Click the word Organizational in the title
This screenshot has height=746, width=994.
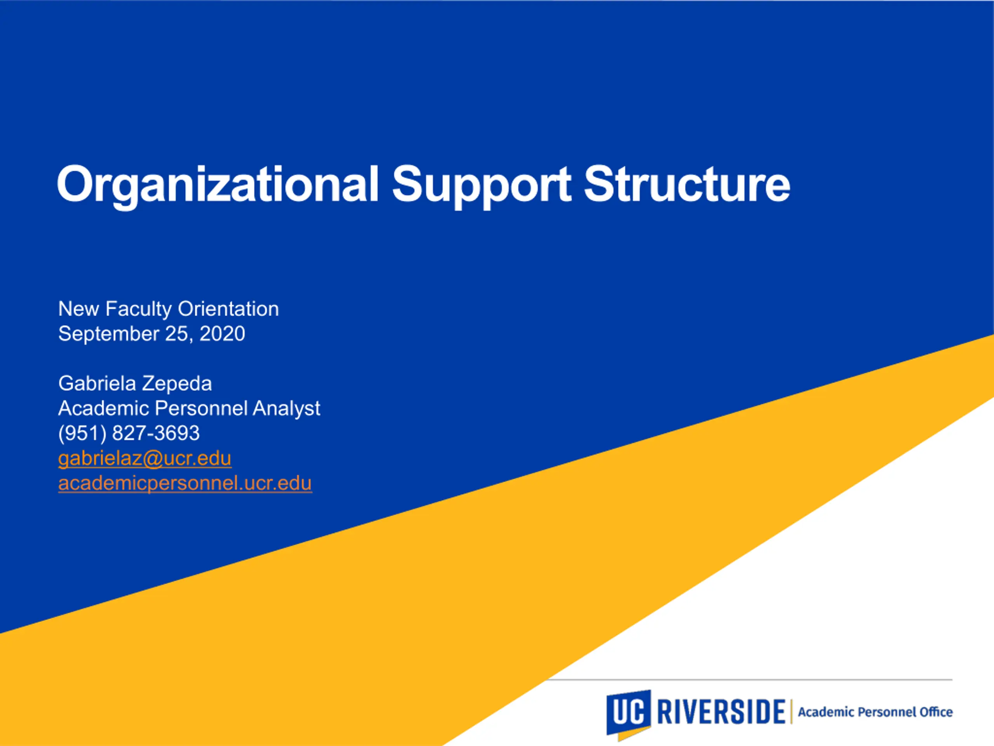tap(218, 185)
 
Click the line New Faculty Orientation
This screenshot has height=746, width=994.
tap(169, 309)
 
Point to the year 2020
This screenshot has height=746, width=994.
tap(222, 334)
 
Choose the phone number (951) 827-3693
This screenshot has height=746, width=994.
tap(129, 434)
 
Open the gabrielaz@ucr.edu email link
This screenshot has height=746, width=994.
tap(145, 458)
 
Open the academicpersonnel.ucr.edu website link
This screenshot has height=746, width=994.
tap(185, 483)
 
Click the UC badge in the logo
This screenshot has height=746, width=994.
tap(628, 714)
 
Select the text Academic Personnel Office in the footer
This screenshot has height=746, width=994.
tap(875, 712)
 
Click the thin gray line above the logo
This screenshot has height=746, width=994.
tap(749, 680)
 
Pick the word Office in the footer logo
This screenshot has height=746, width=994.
tap(936, 712)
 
